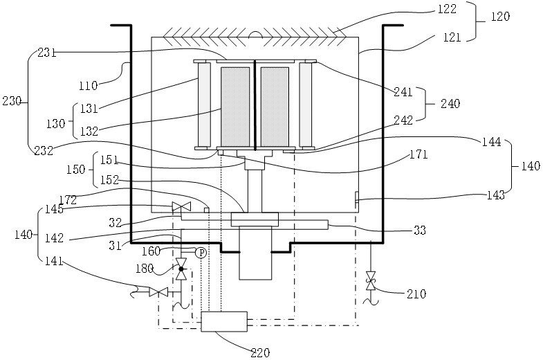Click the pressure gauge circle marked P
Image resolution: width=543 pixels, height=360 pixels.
pyautogui.click(x=201, y=253)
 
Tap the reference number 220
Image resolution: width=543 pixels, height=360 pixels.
pyautogui.click(x=260, y=352)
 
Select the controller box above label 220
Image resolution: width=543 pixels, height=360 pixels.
pyautogui.click(x=224, y=321)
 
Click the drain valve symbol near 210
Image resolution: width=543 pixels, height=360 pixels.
pyautogui.click(x=371, y=280)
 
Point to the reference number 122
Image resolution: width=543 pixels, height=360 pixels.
pyautogui.click(x=447, y=9)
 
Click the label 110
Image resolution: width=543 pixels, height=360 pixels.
pyautogui.click(x=89, y=85)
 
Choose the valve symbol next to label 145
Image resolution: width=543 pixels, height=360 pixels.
pyautogui.click(x=181, y=207)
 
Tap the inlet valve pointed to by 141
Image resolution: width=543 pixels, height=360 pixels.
pyautogui.click(x=158, y=292)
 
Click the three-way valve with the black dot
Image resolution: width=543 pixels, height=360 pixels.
pyautogui.click(x=181, y=269)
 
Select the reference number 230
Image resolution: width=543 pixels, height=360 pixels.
pyautogui.click(x=12, y=101)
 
